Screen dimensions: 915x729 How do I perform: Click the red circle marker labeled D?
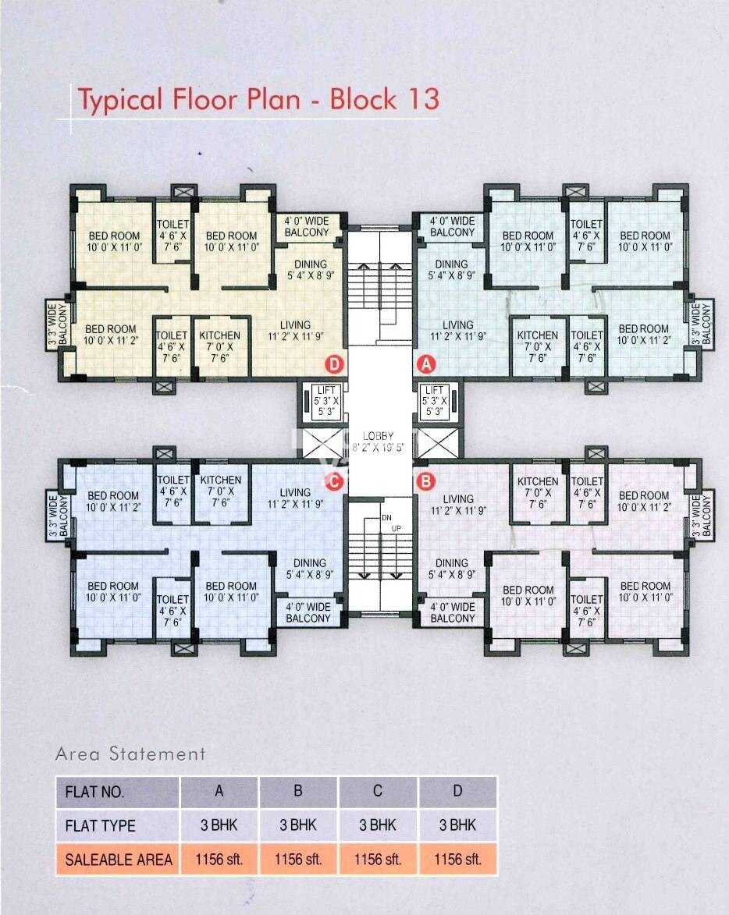click(334, 363)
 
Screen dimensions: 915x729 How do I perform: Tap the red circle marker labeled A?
click(427, 363)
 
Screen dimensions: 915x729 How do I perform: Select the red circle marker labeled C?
click(334, 481)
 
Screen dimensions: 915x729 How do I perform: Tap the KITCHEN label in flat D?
click(220, 335)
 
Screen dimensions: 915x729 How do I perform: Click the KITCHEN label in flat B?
click(538, 481)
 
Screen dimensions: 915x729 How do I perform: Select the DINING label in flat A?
click(450, 264)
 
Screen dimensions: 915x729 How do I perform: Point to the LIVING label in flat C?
click(295, 492)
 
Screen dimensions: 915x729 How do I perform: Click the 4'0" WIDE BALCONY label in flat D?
click(307, 226)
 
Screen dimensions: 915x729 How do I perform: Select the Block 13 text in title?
click(384, 99)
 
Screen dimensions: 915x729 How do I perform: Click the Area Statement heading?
click(130, 754)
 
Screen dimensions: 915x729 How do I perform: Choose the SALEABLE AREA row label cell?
click(118, 860)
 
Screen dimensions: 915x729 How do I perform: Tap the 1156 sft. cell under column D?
click(457, 860)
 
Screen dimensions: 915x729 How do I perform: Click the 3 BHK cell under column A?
click(219, 825)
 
